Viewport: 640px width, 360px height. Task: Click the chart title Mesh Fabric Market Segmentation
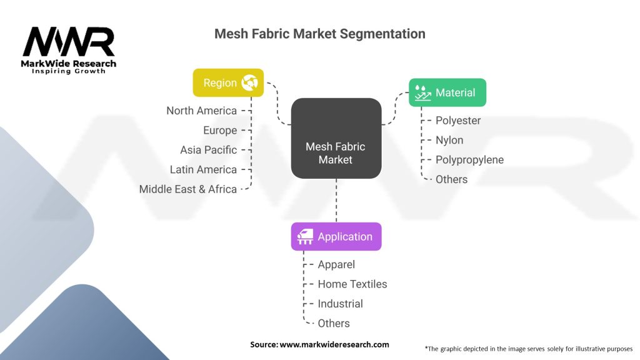point(319,34)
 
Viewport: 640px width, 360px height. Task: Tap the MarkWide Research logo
point(69,50)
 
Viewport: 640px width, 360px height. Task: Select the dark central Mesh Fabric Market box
point(336,138)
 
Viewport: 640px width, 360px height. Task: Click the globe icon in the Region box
point(250,82)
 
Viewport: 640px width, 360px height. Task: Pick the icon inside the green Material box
point(423,92)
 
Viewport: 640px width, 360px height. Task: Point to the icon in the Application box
point(306,236)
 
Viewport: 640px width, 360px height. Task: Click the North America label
point(201,111)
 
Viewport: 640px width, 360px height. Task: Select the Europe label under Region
point(220,130)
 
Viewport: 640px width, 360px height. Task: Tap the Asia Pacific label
point(209,150)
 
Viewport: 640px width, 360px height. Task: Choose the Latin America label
point(203,169)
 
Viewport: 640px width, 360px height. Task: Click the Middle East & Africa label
point(188,189)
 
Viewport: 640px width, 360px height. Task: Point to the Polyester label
point(458,121)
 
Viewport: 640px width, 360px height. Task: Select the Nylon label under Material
point(449,140)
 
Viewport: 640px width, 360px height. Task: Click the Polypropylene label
point(469,159)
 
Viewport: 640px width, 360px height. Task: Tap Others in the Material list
point(451,179)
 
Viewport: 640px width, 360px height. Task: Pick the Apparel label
point(336,264)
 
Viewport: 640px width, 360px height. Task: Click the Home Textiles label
point(352,284)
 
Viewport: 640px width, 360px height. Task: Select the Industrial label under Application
point(340,304)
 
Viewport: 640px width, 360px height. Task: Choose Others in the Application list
point(334,323)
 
